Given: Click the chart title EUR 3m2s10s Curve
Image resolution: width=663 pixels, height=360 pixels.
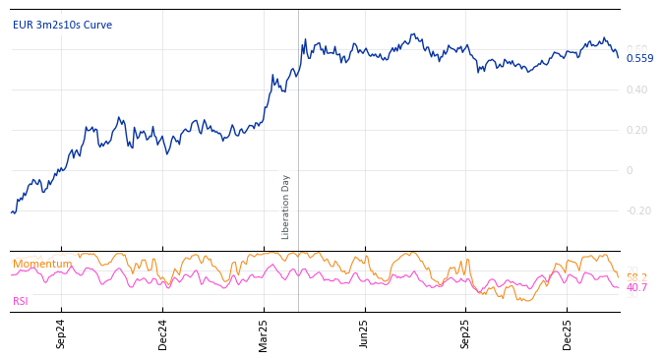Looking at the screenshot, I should [62, 25].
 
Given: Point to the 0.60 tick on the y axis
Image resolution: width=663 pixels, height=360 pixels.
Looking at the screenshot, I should [636, 49].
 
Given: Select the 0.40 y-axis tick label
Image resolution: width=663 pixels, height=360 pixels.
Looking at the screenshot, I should [636, 90].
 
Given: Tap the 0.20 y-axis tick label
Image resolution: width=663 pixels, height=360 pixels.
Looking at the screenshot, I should [636, 130].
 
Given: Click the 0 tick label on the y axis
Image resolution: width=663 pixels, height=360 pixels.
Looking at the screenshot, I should [630, 170].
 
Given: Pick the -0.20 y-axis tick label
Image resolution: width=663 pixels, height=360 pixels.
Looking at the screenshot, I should [638, 210].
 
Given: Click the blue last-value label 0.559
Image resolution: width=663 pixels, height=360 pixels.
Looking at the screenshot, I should [639, 58].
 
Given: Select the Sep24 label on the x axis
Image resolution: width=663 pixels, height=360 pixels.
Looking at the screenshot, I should [61, 333].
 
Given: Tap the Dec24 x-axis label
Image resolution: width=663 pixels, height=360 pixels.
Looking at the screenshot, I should [163, 333].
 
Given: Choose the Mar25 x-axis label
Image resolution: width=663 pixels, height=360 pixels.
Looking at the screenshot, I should [265, 333].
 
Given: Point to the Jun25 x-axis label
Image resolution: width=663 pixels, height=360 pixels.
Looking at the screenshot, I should [365, 333].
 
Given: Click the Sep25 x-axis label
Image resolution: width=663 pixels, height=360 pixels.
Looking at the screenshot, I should [466, 333].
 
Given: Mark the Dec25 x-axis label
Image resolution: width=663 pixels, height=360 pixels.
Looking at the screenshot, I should [568, 333].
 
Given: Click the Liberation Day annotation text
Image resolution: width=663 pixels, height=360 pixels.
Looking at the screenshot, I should [286, 207].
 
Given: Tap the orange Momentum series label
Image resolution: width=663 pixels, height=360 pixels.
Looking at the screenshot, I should [42, 264].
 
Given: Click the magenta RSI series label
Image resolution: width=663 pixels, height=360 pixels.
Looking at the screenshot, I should [21, 301].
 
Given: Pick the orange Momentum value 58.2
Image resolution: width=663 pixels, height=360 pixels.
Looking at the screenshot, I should [636, 277].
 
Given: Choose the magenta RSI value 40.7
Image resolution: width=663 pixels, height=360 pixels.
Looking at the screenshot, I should [636, 287].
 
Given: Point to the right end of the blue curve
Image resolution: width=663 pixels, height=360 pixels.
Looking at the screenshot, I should [619, 57].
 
